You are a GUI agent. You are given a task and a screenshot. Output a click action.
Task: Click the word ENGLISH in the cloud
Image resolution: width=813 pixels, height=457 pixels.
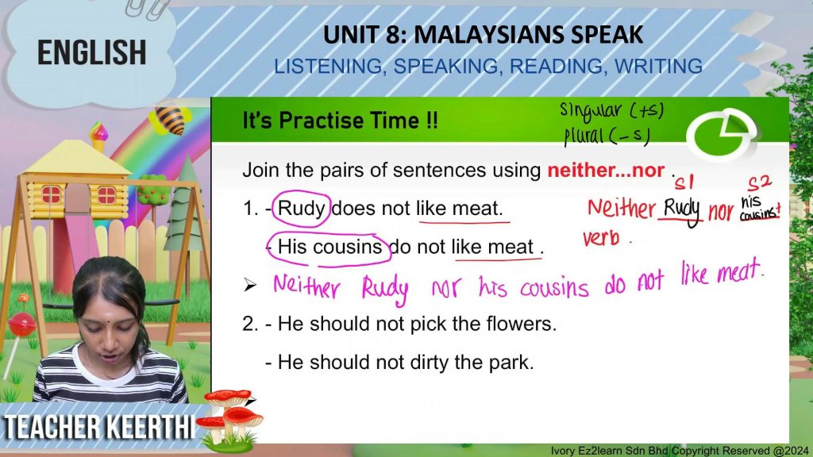pos(92,52)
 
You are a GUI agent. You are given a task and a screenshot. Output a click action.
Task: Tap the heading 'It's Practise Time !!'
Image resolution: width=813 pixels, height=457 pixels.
pos(340,121)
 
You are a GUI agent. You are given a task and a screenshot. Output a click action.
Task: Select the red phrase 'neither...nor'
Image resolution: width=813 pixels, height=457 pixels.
pos(606,170)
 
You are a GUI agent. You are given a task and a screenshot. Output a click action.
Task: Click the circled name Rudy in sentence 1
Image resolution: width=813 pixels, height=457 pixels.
pos(302,209)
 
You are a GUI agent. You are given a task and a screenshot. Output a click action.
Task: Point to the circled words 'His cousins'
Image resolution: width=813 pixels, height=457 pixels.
pos(329,247)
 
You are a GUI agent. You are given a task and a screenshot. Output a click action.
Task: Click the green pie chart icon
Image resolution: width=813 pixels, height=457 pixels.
pos(721,134)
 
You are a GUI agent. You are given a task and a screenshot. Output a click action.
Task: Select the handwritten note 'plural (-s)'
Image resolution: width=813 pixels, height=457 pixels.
pos(607,136)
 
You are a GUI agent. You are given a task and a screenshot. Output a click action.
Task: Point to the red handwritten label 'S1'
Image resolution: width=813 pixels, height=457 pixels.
pos(684,182)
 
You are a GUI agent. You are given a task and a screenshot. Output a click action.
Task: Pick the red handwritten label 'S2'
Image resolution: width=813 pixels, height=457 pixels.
pos(760,183)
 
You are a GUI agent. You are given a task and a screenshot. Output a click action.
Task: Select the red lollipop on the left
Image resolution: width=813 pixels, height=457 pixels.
pos(21,325)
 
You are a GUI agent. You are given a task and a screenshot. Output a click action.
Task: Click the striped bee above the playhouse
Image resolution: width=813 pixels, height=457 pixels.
pos(170,121)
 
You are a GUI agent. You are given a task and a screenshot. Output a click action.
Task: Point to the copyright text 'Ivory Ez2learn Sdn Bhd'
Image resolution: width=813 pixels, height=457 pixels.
pos(610,451)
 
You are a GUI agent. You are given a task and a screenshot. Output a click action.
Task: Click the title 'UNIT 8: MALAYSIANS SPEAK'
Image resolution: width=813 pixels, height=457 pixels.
pos(484,35)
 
